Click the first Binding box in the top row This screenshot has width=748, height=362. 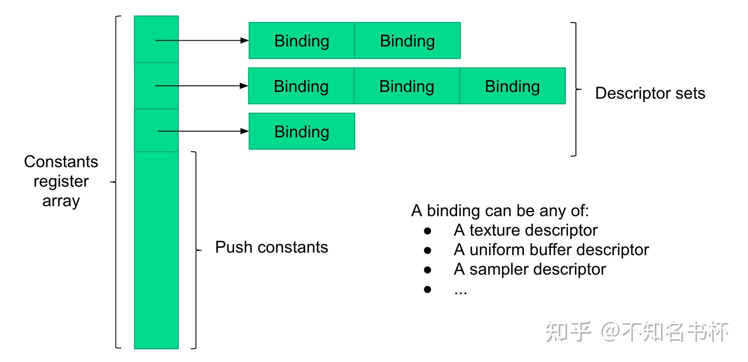tap(301, 41)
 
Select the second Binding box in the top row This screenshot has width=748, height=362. tap(407, 41)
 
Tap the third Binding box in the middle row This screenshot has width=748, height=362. tap(512, 86)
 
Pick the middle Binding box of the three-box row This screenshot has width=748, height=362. tap(407, 86)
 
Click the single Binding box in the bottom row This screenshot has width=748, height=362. tap(301, 132)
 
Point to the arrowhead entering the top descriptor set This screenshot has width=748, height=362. tap(245, 40)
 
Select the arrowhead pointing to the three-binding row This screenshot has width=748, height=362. tap(244, 86)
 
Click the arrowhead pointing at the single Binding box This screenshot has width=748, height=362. tap(245, 131)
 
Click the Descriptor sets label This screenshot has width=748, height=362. tap(650, 93)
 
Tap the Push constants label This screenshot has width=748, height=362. tap(272, 247)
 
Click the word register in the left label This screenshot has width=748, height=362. tap(61, 182)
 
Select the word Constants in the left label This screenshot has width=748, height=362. tap(61, 162)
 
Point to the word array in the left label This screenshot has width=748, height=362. tap(61, 201)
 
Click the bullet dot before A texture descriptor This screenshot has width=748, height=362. tap(427, 231)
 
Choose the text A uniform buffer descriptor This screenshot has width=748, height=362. tap(551, 250)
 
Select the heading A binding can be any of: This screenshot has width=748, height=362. tap(500, 211)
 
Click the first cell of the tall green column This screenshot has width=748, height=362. tap(156, 39)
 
